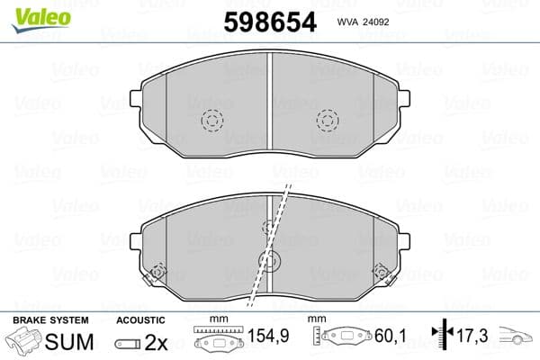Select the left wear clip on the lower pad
158,273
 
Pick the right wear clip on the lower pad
382,273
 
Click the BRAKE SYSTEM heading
49,320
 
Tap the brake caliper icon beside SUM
27,343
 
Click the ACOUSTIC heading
140,320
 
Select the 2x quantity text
157,343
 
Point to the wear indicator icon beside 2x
128,344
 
